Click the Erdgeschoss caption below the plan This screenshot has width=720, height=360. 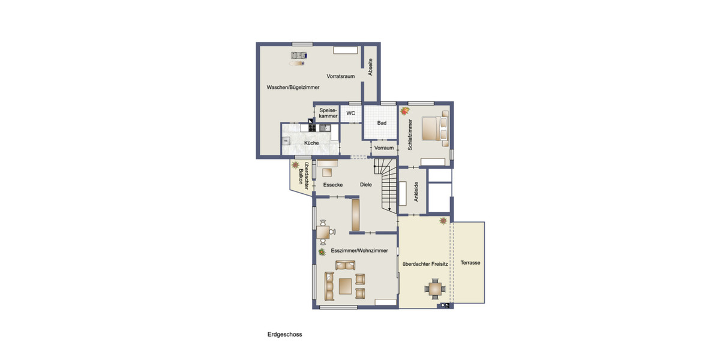285,335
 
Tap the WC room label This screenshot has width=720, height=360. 351,113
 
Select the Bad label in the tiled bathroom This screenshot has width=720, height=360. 382,123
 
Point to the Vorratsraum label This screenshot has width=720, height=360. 341,77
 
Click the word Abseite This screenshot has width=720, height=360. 371,67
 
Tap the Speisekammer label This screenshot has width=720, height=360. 328,113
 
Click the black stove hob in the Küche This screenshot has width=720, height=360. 312,128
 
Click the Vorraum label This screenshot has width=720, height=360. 384,148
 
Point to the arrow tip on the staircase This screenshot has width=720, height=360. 390,210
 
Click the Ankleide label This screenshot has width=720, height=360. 416,192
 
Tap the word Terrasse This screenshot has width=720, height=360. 470,263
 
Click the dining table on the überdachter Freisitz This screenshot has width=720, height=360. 436,289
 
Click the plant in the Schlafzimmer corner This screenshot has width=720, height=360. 404,110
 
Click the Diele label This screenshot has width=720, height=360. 366,185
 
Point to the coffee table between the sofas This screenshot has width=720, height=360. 345,286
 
